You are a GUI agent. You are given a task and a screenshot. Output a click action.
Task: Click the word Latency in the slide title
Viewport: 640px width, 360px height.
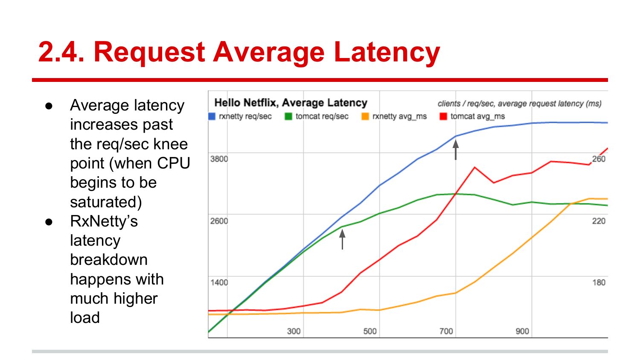tap(387, 52)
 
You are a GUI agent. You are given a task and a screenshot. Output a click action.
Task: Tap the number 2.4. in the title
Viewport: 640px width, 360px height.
tap(61, 52)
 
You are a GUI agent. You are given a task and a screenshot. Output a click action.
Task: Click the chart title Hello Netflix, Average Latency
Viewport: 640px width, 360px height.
tap(291, 103)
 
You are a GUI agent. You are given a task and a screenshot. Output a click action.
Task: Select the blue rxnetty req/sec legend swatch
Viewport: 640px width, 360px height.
tap(212, 116)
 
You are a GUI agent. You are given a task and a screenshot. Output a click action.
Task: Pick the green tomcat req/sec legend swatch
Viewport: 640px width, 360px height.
tap(288, 116)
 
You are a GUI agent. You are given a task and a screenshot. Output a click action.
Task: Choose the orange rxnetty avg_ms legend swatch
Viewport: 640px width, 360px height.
tap(365, 116)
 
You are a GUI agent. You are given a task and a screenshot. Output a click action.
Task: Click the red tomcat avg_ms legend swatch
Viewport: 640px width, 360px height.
tap(443, 116)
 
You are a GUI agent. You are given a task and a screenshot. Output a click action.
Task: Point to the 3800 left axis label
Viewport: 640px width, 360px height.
tap(219, 159)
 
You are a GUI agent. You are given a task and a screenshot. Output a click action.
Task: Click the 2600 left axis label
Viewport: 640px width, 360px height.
tap(219, 221)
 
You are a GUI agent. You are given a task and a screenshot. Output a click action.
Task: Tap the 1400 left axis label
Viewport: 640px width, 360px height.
tap(219, 282)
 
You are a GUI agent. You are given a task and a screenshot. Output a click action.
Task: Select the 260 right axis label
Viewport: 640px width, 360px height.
tap(599, 159)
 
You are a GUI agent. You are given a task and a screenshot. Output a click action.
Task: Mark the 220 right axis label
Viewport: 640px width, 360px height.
tap(599, 221)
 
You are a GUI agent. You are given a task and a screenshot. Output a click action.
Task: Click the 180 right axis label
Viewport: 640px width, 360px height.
tap(599, 282)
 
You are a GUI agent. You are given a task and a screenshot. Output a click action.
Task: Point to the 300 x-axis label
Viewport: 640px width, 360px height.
tap(294, 331)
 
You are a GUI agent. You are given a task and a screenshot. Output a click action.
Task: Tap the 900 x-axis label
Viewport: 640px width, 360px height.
tap(522, 331)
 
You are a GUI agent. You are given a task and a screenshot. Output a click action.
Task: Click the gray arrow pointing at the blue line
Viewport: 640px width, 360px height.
tap(456, 150)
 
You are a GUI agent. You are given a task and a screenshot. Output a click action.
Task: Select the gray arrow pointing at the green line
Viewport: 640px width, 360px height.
tap(342, 239)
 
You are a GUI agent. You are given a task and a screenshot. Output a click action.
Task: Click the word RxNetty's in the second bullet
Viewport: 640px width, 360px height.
tap(104, 221)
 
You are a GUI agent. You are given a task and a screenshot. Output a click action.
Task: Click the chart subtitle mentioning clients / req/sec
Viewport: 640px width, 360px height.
tap(519, 104)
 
